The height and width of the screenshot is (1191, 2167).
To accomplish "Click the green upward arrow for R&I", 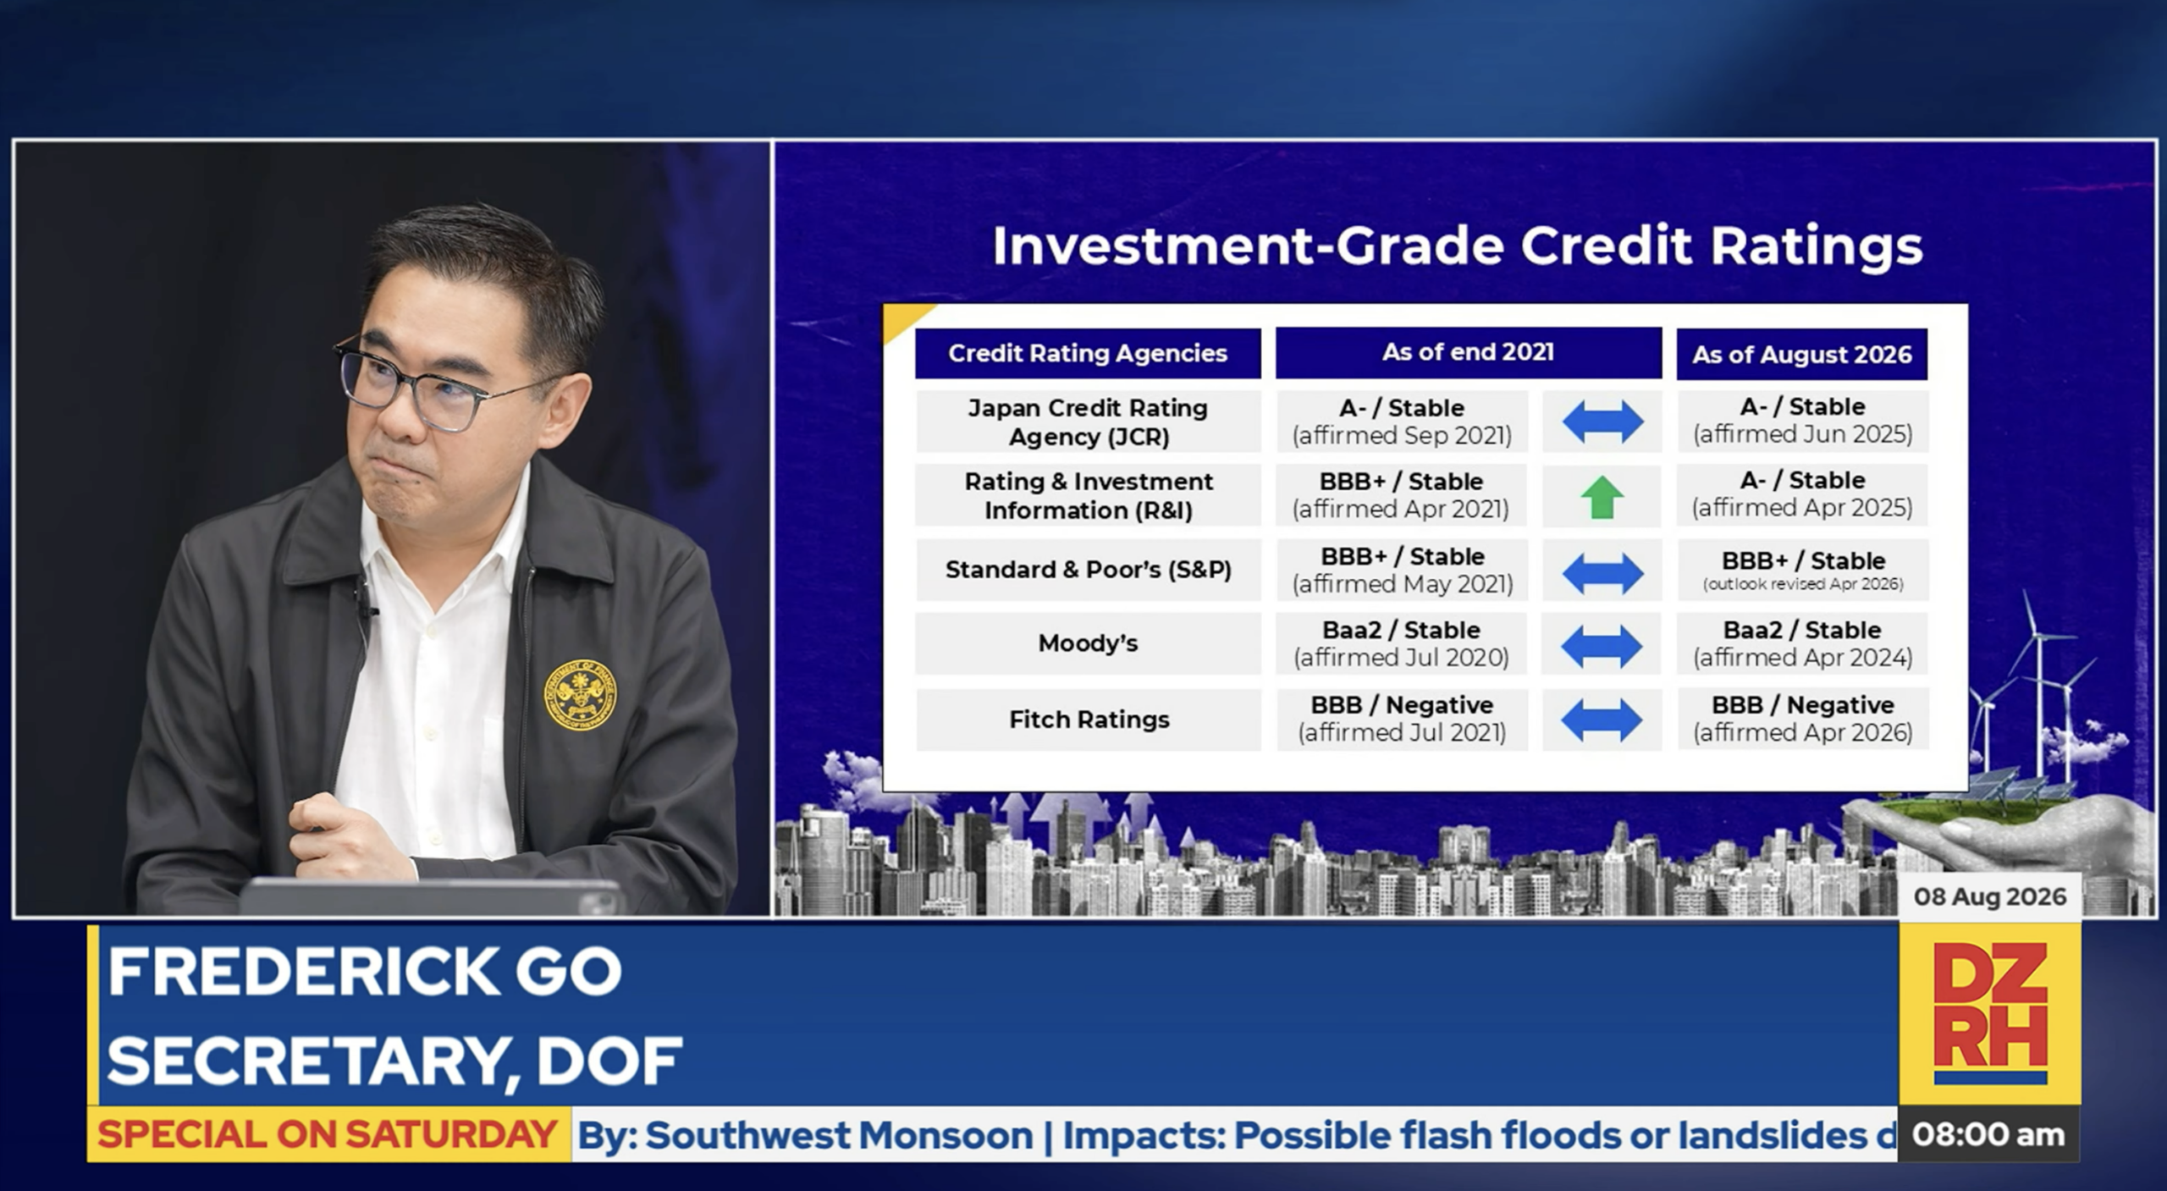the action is pyautogui.click(x=1602, y=497).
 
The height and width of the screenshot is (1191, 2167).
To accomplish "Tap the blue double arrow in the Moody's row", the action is pyautogui.click(x=1602, y=646).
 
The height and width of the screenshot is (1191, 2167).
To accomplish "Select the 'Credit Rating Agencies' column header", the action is pyautogui.click(x=1088, y=353).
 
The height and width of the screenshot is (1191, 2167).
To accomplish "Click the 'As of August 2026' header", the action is pyautogui.click(x=1802, y=354).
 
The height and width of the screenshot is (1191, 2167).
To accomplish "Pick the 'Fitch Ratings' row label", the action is pyautogui.click(x=1089, y=720).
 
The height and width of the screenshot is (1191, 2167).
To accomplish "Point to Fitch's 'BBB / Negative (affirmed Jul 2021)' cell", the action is pyautogui.click(x=1402, y=719).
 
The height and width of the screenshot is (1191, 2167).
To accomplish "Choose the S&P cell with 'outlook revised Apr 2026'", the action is pyautogui.click(x=1803, y=570).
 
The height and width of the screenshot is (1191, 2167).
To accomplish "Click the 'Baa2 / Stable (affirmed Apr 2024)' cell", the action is pyautogui.click(x=1803, y=643).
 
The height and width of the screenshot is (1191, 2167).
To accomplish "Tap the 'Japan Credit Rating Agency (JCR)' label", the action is pyautogui.click(x=1089, y=422).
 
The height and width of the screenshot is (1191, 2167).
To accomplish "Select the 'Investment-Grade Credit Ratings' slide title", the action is pyautogui.click(x=1458, y=246).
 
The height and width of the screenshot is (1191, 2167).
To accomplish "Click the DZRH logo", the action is pyautogui.click(x=1990, y=1013).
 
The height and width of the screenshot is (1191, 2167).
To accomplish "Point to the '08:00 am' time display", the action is pyautogui.click(x=1988, y=1134).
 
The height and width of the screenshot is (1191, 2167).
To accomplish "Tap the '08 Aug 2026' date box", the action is pyautogui.click(x=1990, y=896).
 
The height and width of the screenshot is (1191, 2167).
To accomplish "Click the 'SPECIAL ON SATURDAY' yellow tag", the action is pyautogui.click(x=328, y=1134).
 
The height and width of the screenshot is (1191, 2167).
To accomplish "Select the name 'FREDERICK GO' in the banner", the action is pyautogui.click(x=365, y=972).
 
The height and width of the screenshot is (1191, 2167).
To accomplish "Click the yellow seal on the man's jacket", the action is pyautogui.click(x=580, y=695).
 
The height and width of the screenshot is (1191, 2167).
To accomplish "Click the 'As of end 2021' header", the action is pyautogui.click(x=1469, y=352).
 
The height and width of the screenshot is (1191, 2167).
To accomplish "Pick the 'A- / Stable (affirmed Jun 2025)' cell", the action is pyautogui.click(x=1803, y=421).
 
